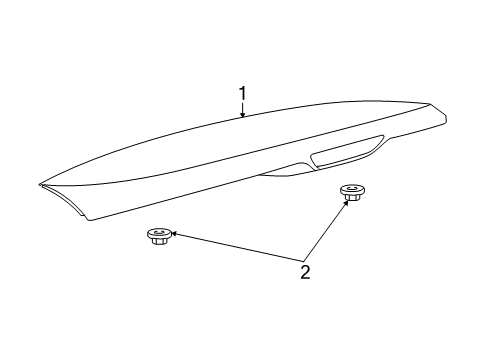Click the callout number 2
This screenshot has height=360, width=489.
pyautogui.click(x=305, y=272)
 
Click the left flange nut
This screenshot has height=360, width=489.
pyautogui.click(x=158, y=236)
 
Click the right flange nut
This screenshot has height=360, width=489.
pyautogui.click(x=350, y=192)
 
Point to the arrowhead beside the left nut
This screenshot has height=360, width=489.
pyautogui.click(x=176, y=237)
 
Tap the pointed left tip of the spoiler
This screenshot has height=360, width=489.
pyautogui.click(x=41, y=183)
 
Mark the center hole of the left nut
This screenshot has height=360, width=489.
pyautogui.click(x=158, y=232)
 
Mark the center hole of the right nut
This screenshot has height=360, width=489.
pyautogui.click(x=350, y=188)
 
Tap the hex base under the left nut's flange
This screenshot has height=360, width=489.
pyautogui.click(x=158, y=241)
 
